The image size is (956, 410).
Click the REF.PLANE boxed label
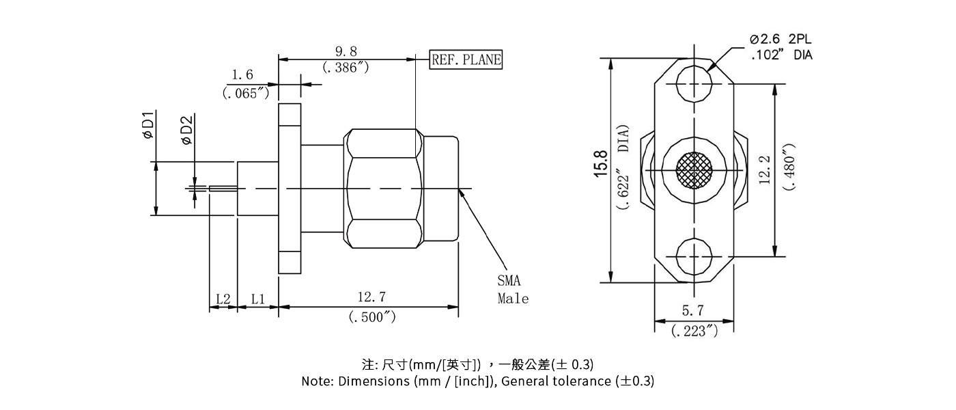click(x=466, y=59)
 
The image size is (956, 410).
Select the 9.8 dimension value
click(x=346, y=53)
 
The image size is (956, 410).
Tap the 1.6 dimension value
click(x=242, y=74)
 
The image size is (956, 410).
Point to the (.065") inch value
click(x=246, y=93)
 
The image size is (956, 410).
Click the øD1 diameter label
click(x=147, y=125)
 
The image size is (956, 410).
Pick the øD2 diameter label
click(x=186, y=130)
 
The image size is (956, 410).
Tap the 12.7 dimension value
click(x=371, y=297)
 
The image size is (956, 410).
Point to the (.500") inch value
click(x=371, y=317)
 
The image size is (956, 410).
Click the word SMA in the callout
click(x=509, y=280)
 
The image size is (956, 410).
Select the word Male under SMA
click(x=513, y=299)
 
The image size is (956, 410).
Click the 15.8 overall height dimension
click(x=601, y=163)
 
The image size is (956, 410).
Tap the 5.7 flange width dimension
click(x=692, y=311)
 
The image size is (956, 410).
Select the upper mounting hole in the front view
click(x=694, y=84)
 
